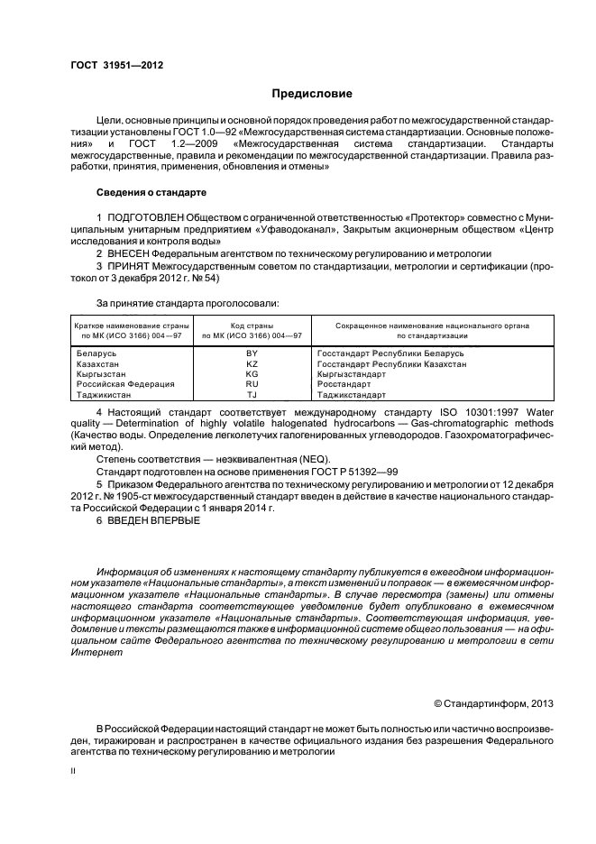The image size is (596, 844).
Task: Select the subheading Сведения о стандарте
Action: tap(151, 193)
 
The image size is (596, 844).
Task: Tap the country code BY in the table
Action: tap(252, 353)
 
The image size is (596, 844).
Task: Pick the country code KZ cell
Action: tap(252, 363)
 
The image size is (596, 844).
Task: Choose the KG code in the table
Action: tap(252, 373)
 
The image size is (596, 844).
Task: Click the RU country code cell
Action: tap(252, 384)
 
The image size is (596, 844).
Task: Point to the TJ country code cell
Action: tap(252, 394)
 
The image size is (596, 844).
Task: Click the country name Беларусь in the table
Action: tap(99, 353)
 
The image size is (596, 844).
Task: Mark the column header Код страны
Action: tap(252, 325)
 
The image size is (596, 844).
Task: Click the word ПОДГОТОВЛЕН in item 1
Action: tap(144, 218)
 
